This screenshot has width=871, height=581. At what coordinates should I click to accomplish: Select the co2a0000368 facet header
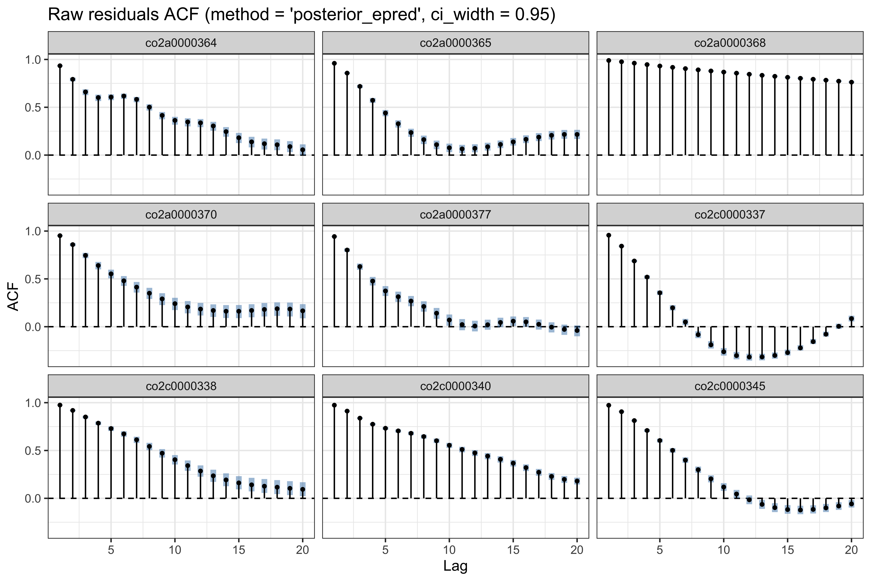(x=730, y=43)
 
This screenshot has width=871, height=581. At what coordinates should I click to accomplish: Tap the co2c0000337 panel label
(x=730, y=214)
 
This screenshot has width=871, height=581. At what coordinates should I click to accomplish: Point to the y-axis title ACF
(x=13, y=296)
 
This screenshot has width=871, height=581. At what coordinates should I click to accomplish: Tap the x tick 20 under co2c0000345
(x=851, y=550)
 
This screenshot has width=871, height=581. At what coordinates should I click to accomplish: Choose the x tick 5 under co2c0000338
(x=111, y=550)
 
